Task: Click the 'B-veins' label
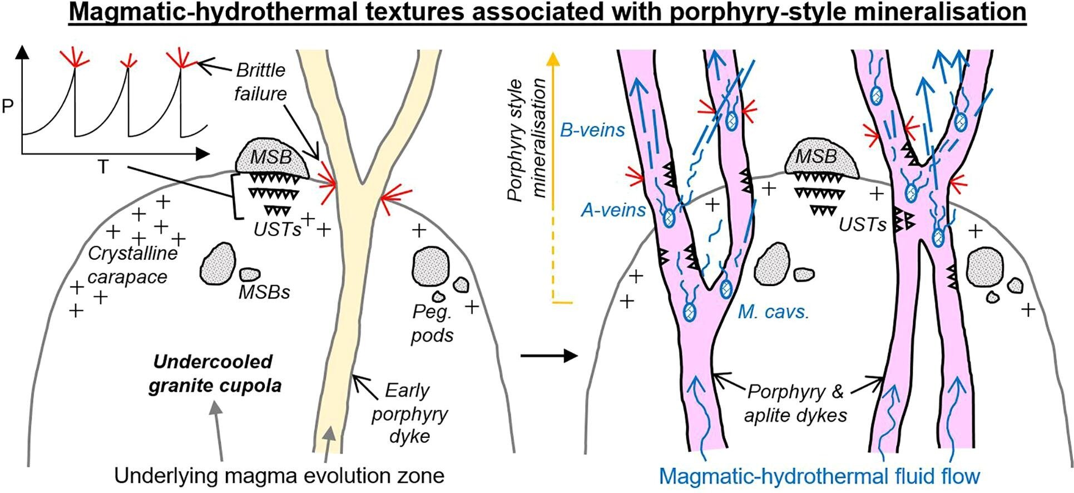[x=592, y=130]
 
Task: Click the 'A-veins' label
[x=613, y=210]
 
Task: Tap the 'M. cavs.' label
[x=773, y=312]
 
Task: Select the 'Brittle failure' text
[x=260, y=82]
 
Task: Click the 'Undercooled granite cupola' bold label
[x=214, y=373]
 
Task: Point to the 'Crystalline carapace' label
[x=132, y=265]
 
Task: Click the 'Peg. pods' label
[x=432, y=323]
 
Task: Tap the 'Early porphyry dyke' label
[x=409, y=413]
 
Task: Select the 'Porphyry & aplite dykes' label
[x=795, y=403]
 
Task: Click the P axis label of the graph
[x=8, y=106]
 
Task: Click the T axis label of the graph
[x=103, y=167]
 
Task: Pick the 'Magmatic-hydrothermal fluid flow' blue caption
[x=819, y=476]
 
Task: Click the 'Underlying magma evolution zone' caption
[x=279, y=476]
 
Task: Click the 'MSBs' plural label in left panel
[x=264, y=292]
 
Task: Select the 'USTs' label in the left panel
[x=277, y=229]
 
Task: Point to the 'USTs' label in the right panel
[x=862, y=224]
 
